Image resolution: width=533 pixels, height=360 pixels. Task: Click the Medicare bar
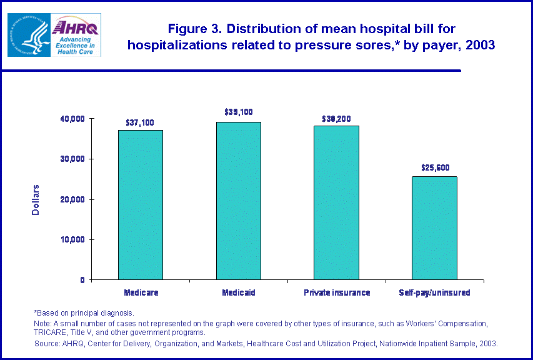141,205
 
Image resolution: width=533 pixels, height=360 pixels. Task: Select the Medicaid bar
238,201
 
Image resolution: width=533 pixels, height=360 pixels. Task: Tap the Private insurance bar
336,202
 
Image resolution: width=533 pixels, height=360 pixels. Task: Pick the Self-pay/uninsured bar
434,228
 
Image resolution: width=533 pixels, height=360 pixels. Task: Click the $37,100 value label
140,122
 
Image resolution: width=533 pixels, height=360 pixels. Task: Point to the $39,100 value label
238,112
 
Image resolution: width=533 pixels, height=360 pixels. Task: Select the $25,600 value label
434,167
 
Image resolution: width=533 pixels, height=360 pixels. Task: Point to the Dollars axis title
36,199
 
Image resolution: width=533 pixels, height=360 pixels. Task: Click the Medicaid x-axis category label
238,292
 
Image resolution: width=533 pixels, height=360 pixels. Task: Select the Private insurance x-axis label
336,292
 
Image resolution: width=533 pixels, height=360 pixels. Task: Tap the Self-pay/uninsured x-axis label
434,292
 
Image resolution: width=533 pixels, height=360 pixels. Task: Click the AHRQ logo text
77,27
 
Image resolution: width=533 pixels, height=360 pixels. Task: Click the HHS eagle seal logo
28,34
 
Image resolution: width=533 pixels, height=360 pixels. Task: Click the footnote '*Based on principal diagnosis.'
83,312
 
